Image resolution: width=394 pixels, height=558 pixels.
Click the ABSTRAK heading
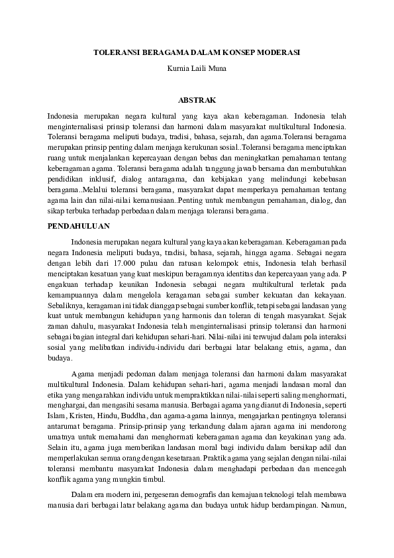click(197, 100)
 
